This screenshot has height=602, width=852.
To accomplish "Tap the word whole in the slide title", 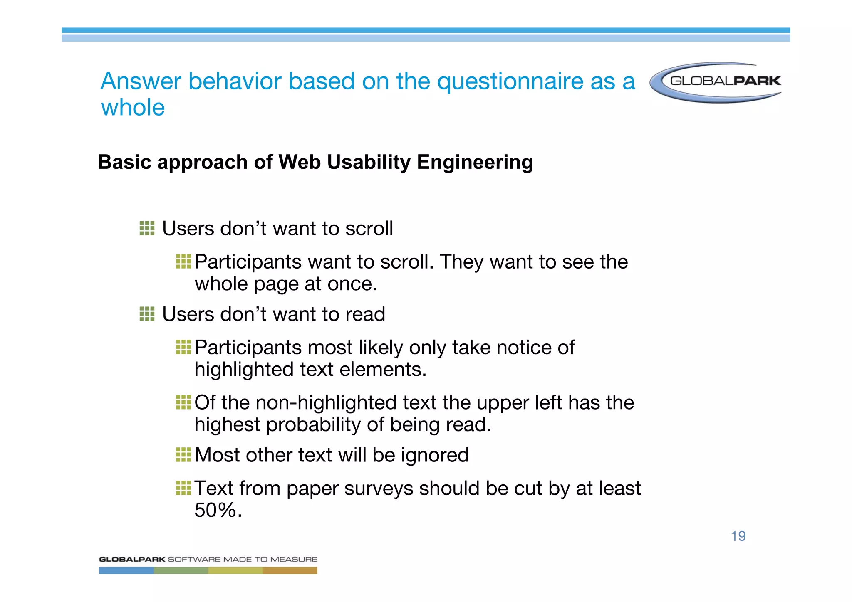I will click(133, 108).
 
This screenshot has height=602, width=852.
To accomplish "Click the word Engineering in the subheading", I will click(475, 162).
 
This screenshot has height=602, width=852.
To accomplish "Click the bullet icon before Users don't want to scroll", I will click(147, 228).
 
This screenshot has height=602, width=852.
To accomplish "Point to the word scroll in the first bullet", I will click(369, 229).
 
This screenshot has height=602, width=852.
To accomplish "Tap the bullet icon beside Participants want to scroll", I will click(183, 262).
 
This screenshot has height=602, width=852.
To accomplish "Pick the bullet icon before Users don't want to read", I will click(147, 314).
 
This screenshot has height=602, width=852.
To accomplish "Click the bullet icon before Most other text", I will click(183, 455).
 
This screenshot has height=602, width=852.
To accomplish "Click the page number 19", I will click(738, 536).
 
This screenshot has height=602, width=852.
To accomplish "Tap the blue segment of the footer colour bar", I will click(126, 571).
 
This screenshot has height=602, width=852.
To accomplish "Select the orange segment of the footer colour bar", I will click(290, 571).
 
